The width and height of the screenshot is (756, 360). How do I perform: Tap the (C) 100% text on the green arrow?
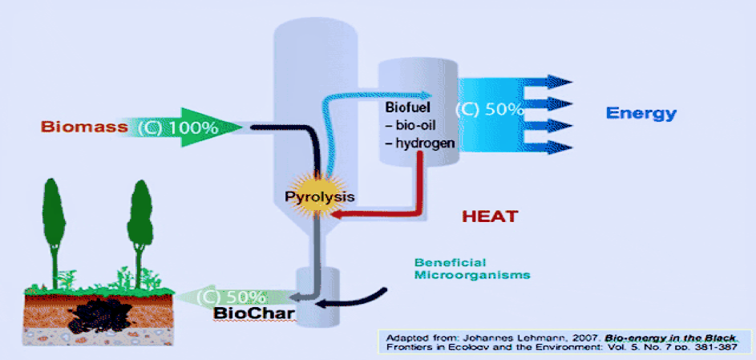click(177, 127)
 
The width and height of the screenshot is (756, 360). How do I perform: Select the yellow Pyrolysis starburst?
click(320, 193)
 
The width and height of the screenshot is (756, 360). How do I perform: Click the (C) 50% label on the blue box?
click(489, 110)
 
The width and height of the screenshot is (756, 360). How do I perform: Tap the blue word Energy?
click(641, 113)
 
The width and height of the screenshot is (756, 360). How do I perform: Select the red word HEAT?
click(490, 216)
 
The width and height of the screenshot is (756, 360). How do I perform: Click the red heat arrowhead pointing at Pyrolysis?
click(336, 214)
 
